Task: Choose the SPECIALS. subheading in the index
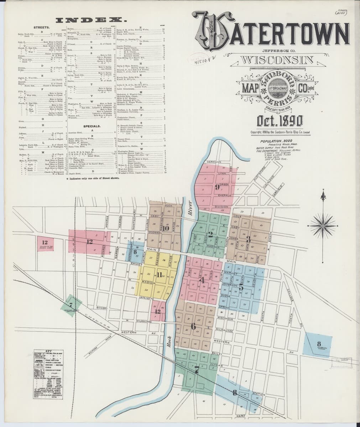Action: coord(91,126)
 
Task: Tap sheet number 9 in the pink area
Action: coord(216,188)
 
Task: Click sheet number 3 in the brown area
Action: coord(248,238)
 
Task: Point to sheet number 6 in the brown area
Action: coord(193,326)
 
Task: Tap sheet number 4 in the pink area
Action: coord(203,280)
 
